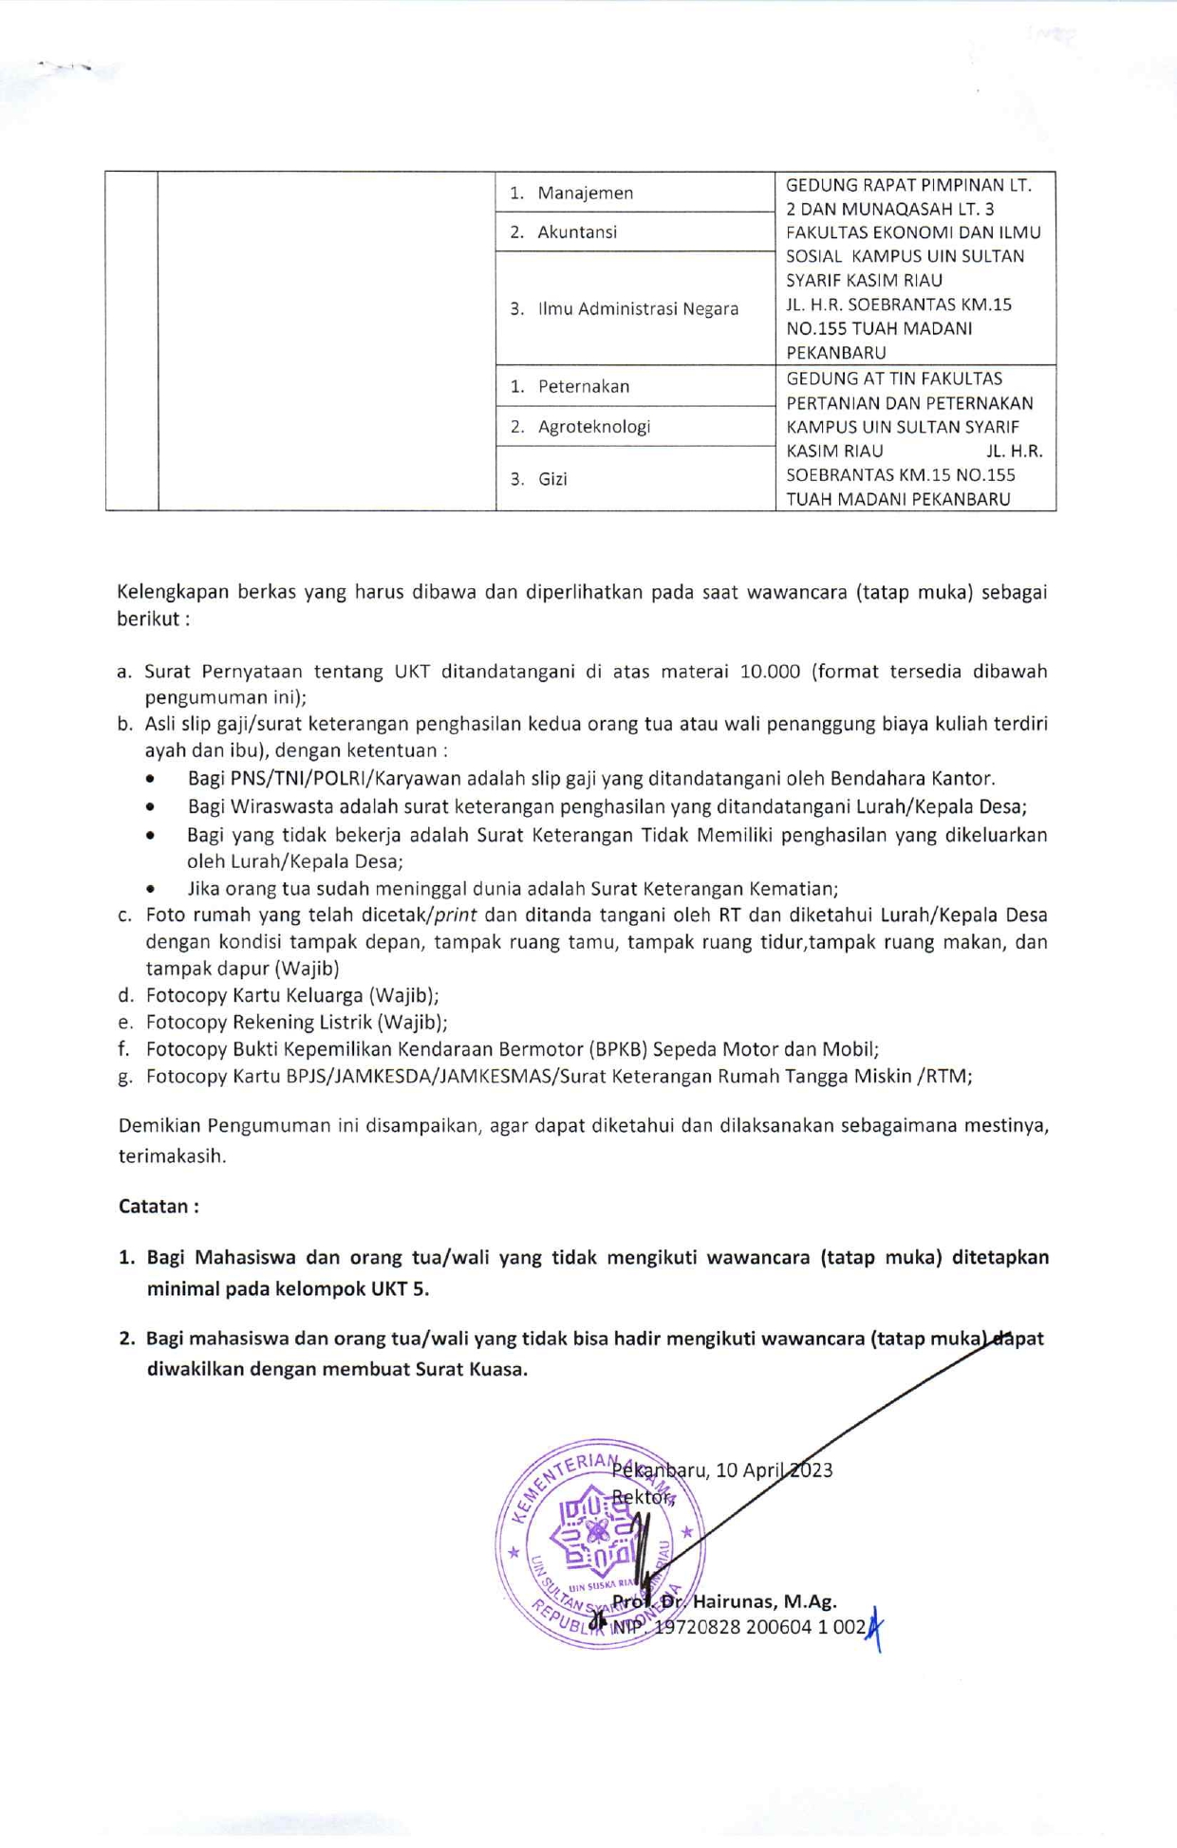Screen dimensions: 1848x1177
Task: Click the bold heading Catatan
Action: click(158, 1206)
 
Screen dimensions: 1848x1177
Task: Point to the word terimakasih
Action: click(171, 1156)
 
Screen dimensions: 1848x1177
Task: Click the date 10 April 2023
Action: click(775, 1470)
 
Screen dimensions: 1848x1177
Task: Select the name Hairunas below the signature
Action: click(736, 1601)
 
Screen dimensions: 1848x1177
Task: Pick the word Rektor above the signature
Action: click(642, 1497)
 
